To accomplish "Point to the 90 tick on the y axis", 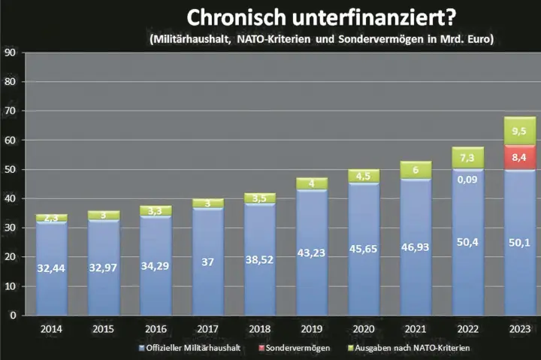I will pyautogui.click(x=11, y=53).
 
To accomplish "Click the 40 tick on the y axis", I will pyautogui.click(x=11, y=199).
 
